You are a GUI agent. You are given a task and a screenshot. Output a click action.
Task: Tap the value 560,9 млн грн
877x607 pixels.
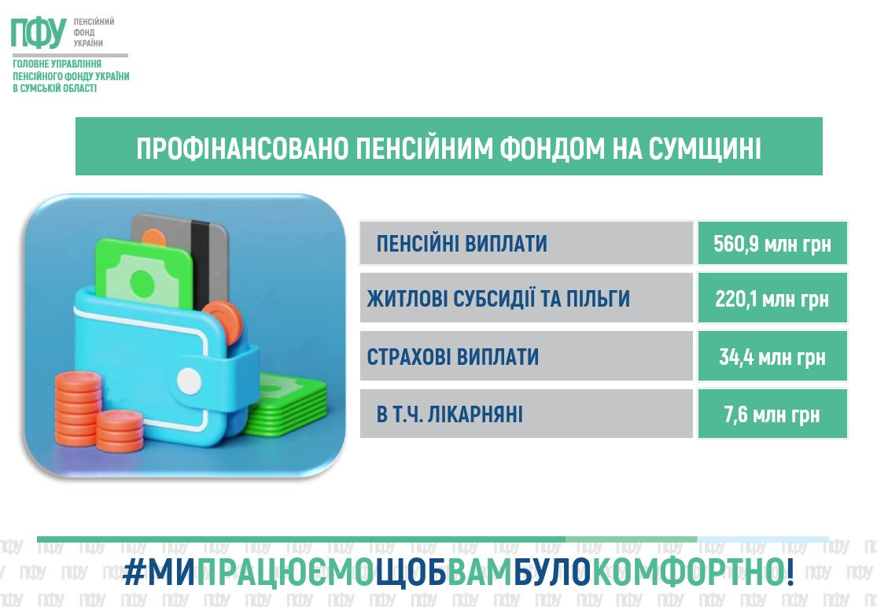tap(772, 244)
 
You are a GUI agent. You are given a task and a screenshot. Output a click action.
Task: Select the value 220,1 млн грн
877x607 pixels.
tap(772, 299)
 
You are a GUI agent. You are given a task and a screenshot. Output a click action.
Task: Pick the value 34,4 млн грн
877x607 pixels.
tap(772, 357)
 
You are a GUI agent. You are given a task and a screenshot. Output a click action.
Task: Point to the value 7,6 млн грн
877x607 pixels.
tap(772, 414)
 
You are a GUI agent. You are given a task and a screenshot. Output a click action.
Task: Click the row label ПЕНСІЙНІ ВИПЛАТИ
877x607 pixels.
tap(462, 244)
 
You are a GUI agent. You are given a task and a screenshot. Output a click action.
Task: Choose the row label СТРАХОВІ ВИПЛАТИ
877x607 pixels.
tap(452, 357)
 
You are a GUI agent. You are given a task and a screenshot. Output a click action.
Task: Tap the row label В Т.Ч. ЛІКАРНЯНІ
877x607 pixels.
tap(450, 414)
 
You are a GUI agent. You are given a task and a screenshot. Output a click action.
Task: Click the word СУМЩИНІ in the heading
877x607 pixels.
tap(705, 149)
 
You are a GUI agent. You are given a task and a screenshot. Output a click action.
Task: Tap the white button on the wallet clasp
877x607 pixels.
tap(189, 381)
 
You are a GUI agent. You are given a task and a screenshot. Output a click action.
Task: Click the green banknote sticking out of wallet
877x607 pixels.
tap(144, 274)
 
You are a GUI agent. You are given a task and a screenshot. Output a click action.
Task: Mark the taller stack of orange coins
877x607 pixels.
tap(78, 409)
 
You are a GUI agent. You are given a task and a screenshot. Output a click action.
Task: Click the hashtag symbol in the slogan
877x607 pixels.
tap(134, 572)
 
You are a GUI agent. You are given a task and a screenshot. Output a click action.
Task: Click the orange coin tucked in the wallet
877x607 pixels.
tap(223, 322)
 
